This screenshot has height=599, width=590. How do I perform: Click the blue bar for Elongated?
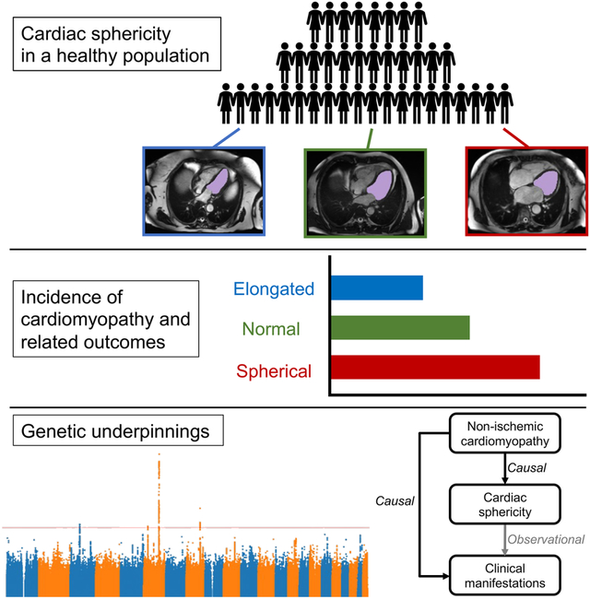pos(376,288)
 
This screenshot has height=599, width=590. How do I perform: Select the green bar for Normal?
pos(400,328)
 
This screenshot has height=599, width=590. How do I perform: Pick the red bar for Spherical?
pos(435,369)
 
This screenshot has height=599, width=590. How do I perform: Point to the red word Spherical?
pos(274,371)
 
